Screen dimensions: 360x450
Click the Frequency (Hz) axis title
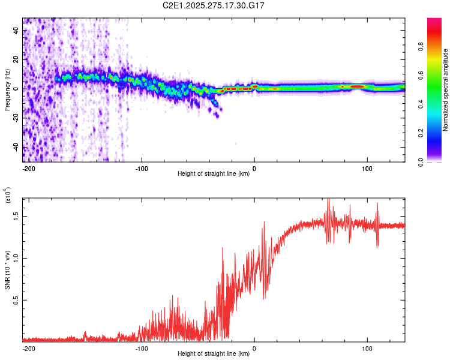[7, 90]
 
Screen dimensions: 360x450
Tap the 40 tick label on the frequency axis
[16, 30]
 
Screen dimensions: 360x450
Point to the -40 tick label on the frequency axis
[16, 147]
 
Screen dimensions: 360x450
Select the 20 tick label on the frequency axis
[16, 59]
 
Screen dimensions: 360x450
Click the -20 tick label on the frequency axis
[16, 118]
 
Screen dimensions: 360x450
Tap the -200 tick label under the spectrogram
[29, 168]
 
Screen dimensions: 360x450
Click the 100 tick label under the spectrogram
[367, 168]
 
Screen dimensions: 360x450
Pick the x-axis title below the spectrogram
[214, 175]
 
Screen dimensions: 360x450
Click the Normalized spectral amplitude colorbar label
[446, 90]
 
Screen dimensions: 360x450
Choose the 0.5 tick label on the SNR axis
[16, 301]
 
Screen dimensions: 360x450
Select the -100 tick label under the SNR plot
[142, 348]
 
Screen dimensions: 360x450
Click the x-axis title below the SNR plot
[214, 354]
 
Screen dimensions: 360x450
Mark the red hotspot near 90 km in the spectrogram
[358, 86]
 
